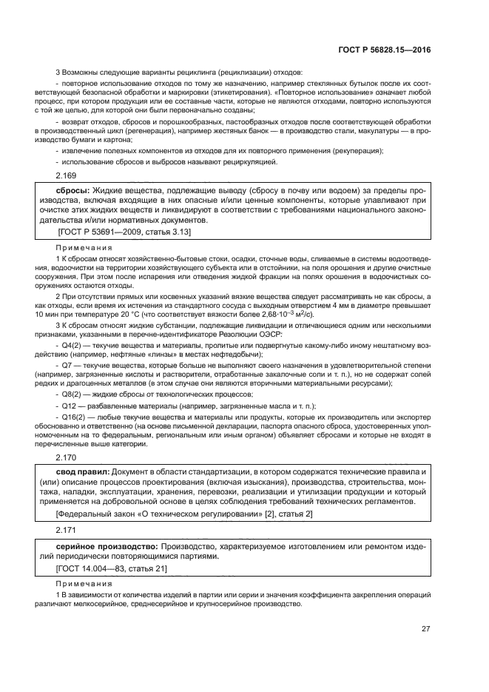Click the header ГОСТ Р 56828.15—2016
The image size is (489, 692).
point(387,50)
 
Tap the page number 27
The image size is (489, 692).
point(426,629)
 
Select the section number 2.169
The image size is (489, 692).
point(66,175)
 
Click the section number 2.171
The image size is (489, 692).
point(66,531)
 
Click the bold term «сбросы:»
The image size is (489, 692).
point(67,190)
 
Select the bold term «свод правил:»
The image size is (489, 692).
point(83,471)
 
